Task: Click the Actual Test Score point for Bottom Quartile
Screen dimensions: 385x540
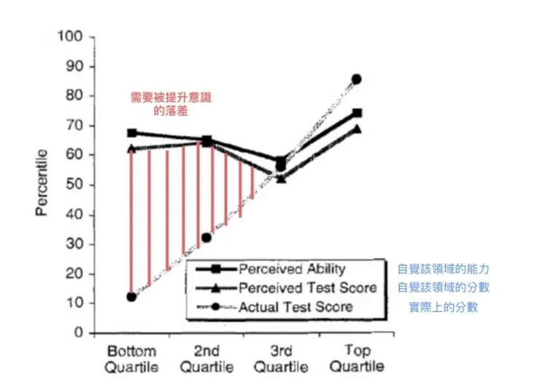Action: [x=131, y=297]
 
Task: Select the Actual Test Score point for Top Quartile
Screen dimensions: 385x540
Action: [x=356, y=79]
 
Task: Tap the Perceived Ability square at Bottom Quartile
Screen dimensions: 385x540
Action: [x=132, y=133]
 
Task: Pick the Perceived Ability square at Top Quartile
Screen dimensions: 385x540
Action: [x=357, y=113]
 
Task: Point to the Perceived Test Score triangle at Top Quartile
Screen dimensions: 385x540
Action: [x=357, y=129]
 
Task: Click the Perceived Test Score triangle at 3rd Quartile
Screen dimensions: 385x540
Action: [x=281, y=178]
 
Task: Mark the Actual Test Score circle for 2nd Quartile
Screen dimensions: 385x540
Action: [x=207, y=237]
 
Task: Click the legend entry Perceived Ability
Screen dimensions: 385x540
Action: [x=292, y=269]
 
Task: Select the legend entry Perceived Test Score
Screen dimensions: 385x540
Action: [x=307, y=288]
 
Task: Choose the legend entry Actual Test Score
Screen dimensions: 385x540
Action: [x=296, y=307]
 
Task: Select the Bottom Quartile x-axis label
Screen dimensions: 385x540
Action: [x=132, y=357]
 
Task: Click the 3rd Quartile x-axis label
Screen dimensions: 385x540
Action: [x=282, y=357]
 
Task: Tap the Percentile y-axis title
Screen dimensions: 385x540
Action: [x=42, y=183]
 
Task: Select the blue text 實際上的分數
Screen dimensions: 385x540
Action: [x=444, y=308]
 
